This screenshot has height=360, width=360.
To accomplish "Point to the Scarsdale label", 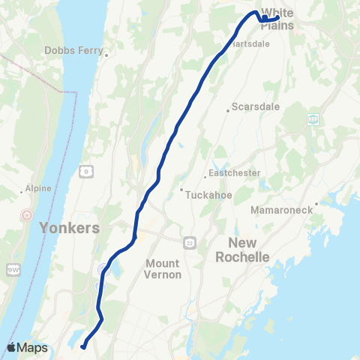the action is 256,106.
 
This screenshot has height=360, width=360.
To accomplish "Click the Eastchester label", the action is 235,172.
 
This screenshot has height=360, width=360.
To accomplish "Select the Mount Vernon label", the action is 163,268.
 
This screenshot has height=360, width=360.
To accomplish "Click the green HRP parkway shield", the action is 312,119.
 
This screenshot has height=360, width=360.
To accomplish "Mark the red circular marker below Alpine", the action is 28,214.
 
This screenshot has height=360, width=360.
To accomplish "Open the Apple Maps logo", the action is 28,347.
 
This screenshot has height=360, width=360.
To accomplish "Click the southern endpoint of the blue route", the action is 82,346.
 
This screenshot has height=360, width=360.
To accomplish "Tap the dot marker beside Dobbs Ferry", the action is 108,54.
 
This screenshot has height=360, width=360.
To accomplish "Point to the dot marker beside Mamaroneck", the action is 316,202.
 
